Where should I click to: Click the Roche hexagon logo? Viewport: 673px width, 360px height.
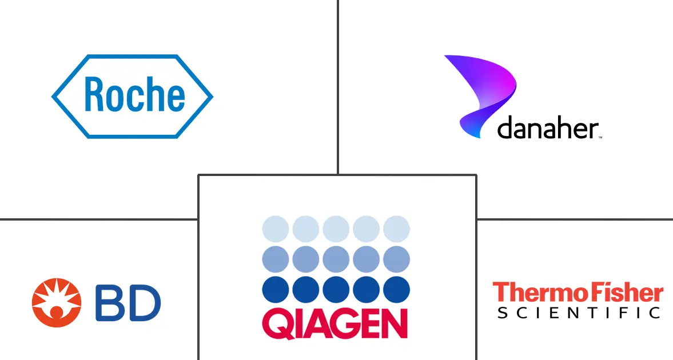click(132, 96)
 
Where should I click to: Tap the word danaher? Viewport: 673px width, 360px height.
click(548, 129)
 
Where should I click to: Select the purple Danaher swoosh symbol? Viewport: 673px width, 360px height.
click(480, 91)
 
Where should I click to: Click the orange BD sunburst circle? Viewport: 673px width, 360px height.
click(56, 302)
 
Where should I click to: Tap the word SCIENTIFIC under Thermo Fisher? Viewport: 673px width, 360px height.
click(579, 313)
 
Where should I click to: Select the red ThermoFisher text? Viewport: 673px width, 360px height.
click(578, 293)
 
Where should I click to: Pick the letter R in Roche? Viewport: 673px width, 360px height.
click(95, 95)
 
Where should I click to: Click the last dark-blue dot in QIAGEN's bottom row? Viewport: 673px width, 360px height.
click(396, 289)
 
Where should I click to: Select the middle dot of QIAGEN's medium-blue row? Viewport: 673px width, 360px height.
click(336, 259)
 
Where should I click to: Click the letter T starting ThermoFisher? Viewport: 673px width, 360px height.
click(500, 292)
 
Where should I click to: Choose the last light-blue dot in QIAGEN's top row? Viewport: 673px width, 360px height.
click(396, 229)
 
